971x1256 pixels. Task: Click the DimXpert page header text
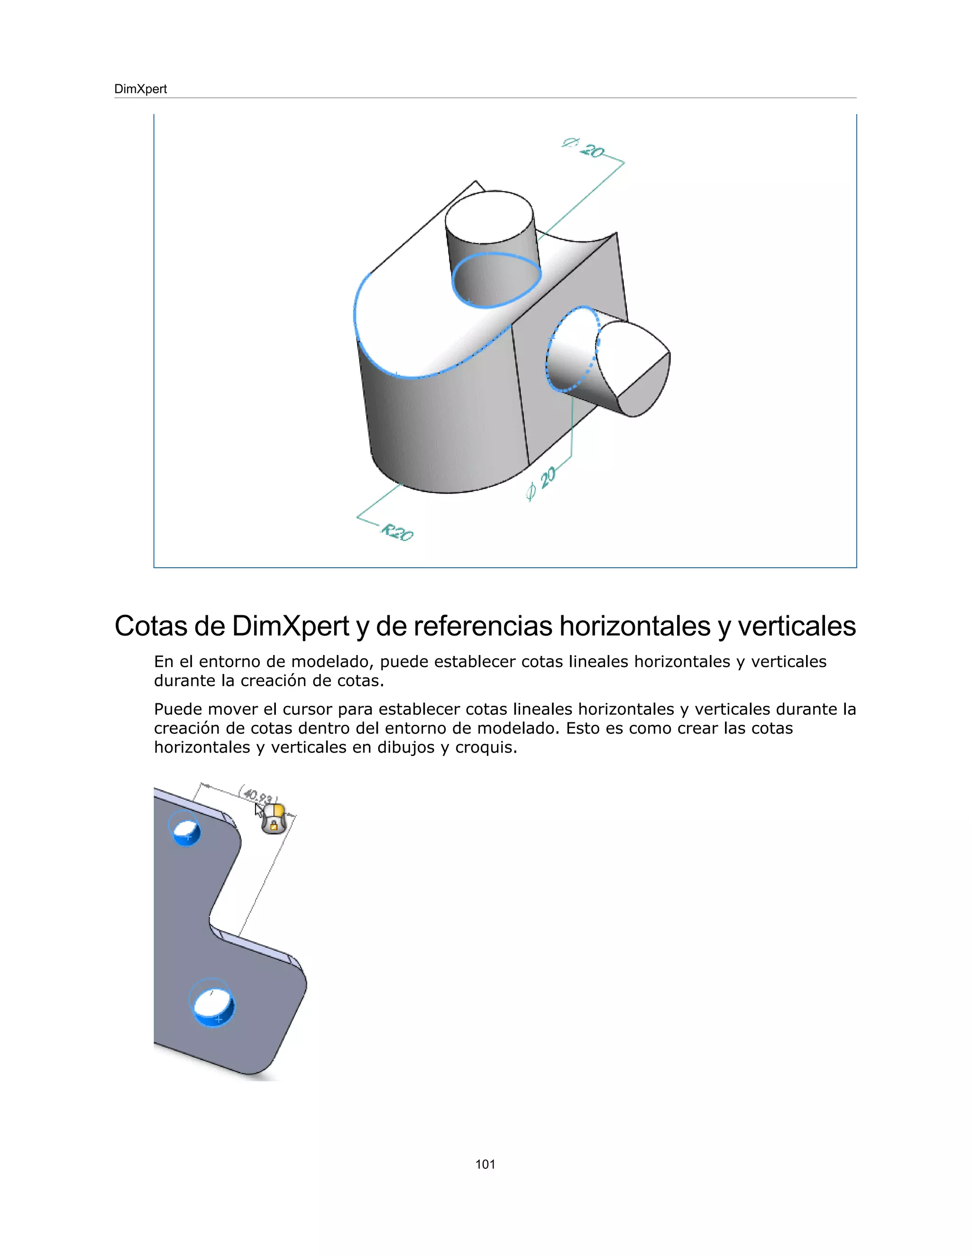pos(140,89)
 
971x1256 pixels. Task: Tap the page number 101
pos(485,1164)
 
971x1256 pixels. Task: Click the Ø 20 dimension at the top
pos(583,148)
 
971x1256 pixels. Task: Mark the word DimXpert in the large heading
pos(291,626)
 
